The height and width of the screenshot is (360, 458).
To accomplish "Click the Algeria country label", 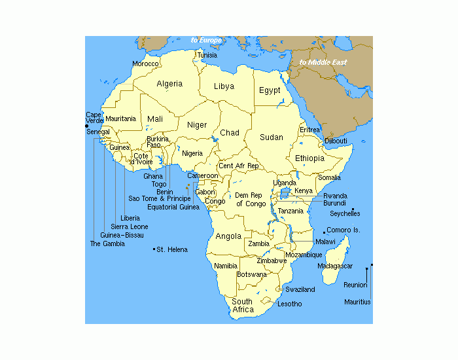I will click(169, 84).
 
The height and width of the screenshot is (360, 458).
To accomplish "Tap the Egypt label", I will click(269, 90).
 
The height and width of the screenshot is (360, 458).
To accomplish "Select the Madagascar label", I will click(335, 266).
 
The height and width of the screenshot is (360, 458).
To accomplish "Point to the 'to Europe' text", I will click(206, 41).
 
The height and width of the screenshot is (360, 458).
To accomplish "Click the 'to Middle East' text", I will click(323, 63).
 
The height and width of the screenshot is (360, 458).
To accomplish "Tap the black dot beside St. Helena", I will click(153, 249).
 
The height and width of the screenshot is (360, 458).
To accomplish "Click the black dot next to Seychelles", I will click(353, 209).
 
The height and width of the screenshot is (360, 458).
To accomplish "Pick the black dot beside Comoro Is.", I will click(324, 232).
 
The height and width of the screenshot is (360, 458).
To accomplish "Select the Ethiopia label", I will click(309, 158).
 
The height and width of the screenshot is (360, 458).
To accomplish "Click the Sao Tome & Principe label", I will click(160, 198).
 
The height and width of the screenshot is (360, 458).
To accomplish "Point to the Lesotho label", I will click(290, 304).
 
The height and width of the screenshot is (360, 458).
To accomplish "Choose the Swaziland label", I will click(300, 289).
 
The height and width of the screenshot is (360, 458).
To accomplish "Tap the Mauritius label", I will click(357, 302).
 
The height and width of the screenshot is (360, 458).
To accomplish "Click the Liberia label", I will click(130, 218).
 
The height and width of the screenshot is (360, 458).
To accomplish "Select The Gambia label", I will click(107, 243).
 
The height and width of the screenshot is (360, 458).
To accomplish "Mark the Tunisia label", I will click(207, 55).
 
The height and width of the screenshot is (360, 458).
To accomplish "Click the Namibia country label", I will click(226, 266).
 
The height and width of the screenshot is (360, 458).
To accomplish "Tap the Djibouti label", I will click(336, 141).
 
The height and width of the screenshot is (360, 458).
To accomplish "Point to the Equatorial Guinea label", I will click(173, 207).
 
